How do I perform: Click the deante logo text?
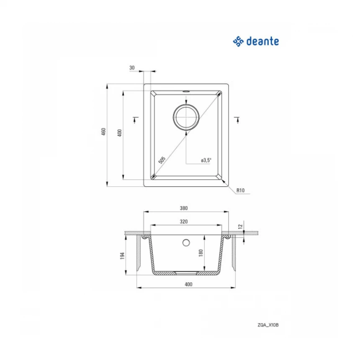262,41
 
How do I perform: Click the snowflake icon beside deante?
238,41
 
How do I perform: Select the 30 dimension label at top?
132,68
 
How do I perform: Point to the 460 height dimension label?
103,132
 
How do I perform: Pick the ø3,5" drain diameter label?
206,160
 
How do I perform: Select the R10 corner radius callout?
240,190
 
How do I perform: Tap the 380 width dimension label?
183,208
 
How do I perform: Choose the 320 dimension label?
183,221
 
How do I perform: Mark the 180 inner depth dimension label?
201,253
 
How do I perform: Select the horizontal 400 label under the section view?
188,285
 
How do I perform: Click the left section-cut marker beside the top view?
135,119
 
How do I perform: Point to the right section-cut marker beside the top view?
237,119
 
